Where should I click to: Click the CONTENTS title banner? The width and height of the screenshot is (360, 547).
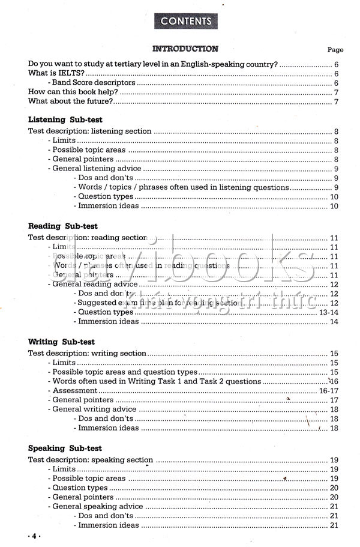[186, 21]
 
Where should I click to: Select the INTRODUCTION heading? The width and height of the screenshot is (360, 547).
[185, 49]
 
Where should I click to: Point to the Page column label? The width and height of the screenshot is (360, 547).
[335, 50]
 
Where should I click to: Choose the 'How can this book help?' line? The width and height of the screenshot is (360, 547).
[73, 92]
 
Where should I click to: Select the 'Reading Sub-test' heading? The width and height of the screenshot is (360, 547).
[62, 226]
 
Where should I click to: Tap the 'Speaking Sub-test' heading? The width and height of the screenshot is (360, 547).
[65, 449]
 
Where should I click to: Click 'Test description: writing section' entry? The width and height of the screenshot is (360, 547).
[88, 354]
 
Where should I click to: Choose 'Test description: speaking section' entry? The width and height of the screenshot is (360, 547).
[91, 460]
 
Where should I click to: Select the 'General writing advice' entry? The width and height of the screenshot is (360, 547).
[95, 409]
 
